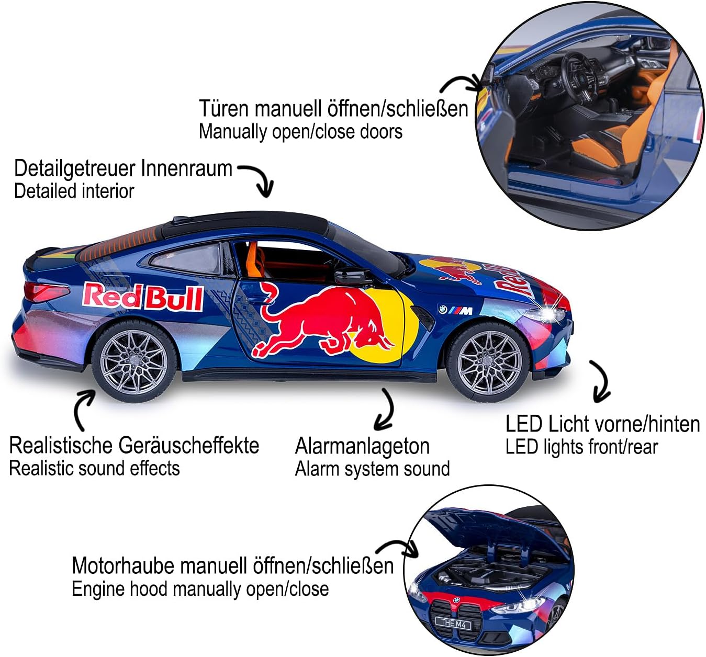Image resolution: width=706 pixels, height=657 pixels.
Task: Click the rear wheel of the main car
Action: click(134, 361)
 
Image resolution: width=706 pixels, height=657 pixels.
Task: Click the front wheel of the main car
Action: click(489, 362)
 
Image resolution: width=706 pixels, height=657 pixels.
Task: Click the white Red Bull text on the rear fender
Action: click(142, 297)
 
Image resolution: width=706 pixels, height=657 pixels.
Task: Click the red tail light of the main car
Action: click(44, 292)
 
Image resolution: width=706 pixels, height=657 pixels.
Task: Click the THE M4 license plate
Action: click(453, 623)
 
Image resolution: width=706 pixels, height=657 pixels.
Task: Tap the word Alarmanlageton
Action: click(362, 447)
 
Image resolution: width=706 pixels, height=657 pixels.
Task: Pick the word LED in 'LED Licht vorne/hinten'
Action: click(523, 424)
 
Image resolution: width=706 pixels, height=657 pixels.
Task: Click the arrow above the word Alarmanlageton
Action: click(385, 410)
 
